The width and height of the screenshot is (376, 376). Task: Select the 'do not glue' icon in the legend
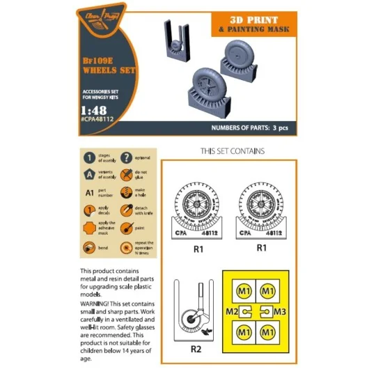click(x=126, y=175)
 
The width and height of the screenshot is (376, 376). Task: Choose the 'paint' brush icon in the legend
click(x=126, y=229)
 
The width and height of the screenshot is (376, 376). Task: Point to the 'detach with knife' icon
click(x=126, y=211)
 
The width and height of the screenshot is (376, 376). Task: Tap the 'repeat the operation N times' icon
click(x=126, y=247)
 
